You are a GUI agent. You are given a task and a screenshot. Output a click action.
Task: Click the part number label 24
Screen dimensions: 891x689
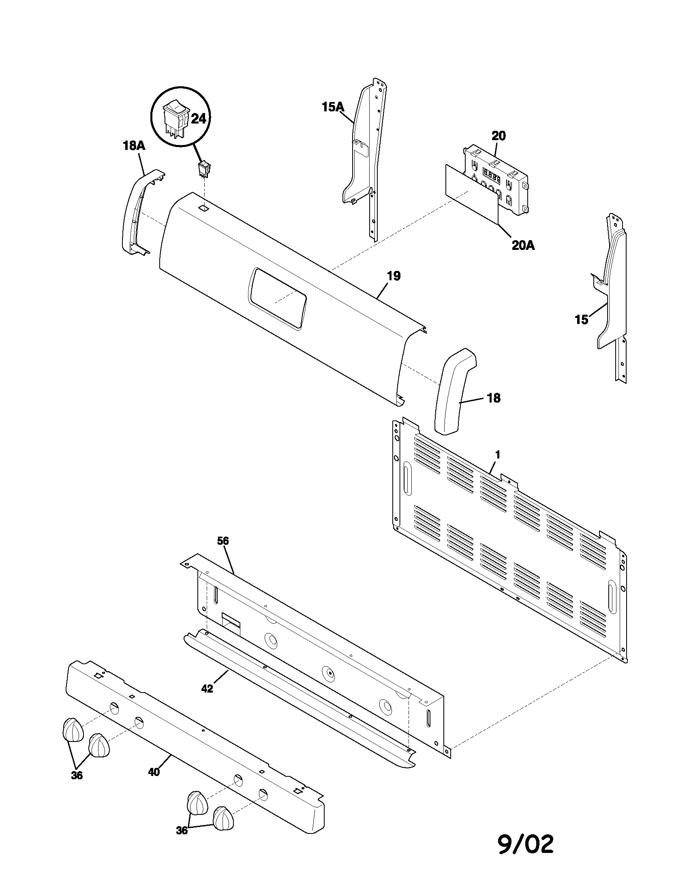coord(198,119)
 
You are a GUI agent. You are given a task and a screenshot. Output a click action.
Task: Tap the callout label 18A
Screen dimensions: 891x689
coord(134,146)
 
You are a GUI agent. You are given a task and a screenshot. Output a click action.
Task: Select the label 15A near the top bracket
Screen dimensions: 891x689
coord(333,107)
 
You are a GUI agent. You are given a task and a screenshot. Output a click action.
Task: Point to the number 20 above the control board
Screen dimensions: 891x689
coord(499,136)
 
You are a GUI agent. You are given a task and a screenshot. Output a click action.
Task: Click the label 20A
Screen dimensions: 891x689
coord(523,245)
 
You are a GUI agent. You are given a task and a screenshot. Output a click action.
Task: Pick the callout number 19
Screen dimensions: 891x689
coord(394,276)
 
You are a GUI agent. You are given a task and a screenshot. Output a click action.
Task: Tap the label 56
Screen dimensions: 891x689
coord(223,541)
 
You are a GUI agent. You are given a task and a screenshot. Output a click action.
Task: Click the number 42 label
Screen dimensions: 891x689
coord(208,688)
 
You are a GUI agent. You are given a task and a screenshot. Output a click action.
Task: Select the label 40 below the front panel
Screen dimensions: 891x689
coord(154,772)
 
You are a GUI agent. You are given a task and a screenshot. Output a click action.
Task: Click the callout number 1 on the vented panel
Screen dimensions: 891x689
coord(498,454)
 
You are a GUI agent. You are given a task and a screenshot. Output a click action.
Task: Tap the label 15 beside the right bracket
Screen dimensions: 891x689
coord(582,320)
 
